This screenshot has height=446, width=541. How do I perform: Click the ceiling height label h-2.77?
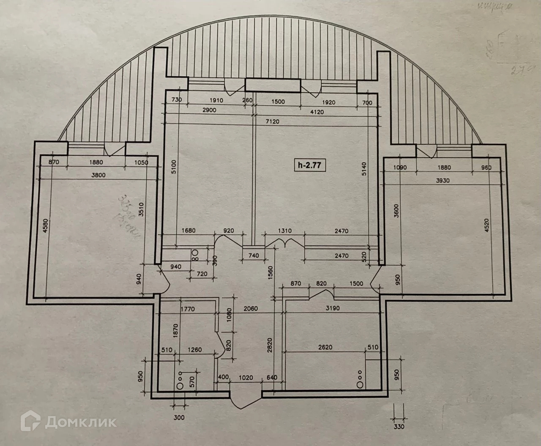tap(311, 165)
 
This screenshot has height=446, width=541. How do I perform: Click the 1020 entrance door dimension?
tap(246, 377)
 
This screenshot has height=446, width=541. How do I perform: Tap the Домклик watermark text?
tap(80, 422)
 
